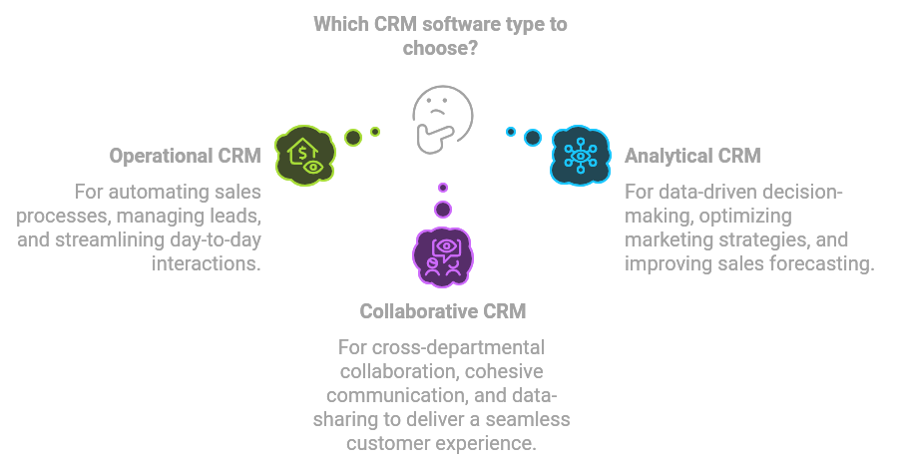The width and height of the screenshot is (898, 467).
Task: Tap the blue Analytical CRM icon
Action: point(579,156)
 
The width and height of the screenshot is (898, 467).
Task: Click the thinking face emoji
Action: point(442,115)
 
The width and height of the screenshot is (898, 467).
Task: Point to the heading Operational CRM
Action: point(186,157)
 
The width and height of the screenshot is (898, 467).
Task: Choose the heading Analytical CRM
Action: point(692,156)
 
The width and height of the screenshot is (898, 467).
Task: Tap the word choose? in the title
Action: point(441,47)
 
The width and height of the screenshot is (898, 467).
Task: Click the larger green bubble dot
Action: point(353,138)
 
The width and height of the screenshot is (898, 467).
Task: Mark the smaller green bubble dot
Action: point(375,132)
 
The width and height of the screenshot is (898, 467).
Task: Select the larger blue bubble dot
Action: point(533,137)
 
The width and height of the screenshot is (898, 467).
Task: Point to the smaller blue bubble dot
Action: point(511,132)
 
